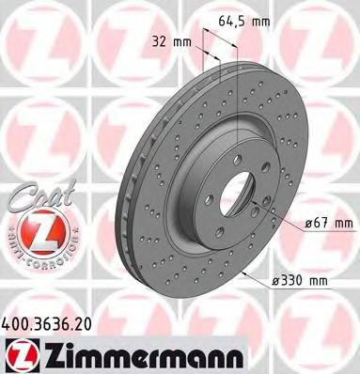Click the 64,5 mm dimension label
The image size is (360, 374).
[244, 21]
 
